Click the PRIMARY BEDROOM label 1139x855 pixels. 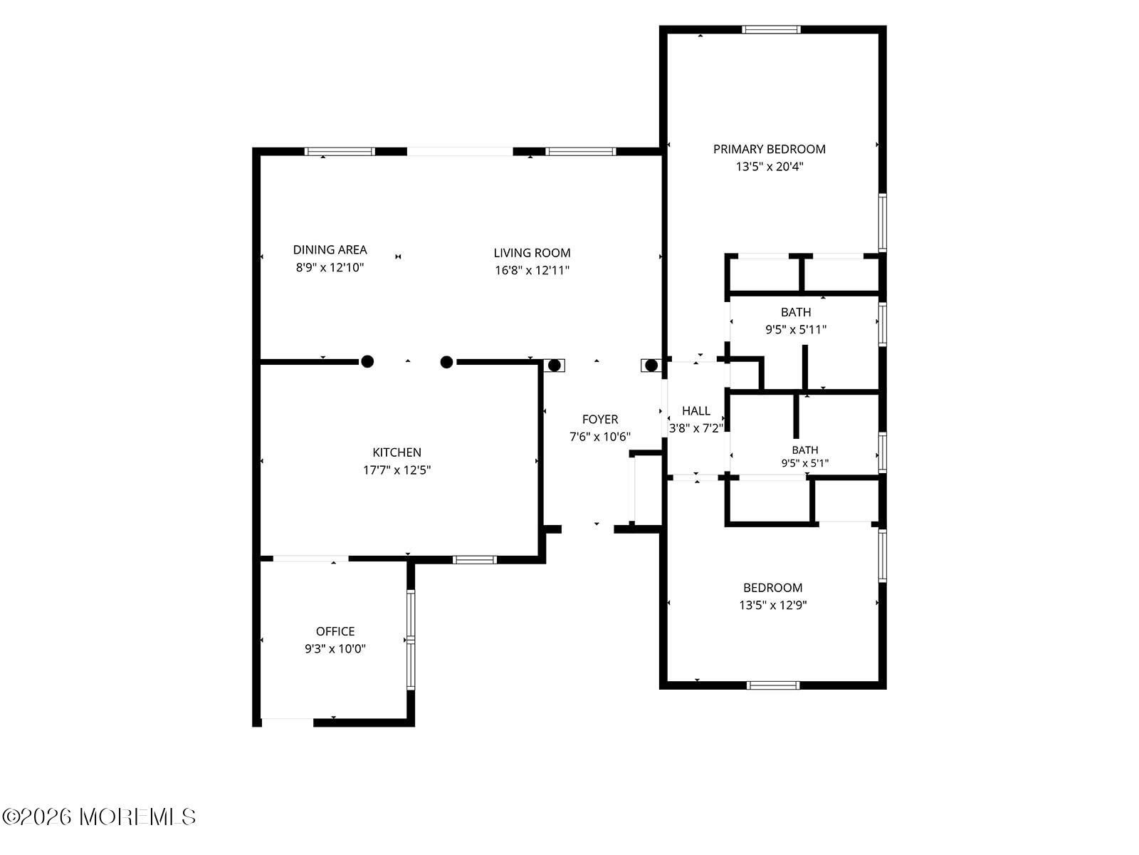(x=769, y=150)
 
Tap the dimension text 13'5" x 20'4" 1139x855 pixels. (x=769, y=167)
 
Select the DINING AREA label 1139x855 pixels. (x=330, y=249)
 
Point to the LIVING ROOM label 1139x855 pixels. (x=532, y=253)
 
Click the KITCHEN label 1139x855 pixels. (x=397, y=452)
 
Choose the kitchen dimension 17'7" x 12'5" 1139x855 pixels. (x=397, y=470)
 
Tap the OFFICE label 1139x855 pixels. (x=335, y=631)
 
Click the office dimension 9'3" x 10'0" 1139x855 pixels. (x=335, y=648)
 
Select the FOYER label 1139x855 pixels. (x=600, y=420)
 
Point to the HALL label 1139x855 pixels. (x=696, y=411)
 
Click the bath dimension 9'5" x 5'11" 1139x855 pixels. (x=795, y=329)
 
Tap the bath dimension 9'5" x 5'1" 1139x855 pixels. (x=805, y=463)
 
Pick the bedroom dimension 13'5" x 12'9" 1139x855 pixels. (x=772, y=605)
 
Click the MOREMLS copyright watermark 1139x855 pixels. (x=98, y=817)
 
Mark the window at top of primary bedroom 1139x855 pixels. (x=770, y=30)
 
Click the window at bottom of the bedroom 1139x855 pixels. (x=772, y=685)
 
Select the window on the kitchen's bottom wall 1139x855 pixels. (x=474, y=559)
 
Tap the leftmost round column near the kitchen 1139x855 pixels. (x=367, y=361)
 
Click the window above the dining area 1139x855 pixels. (x=340, y=152)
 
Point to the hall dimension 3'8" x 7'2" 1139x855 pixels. (x=696, y=428)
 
